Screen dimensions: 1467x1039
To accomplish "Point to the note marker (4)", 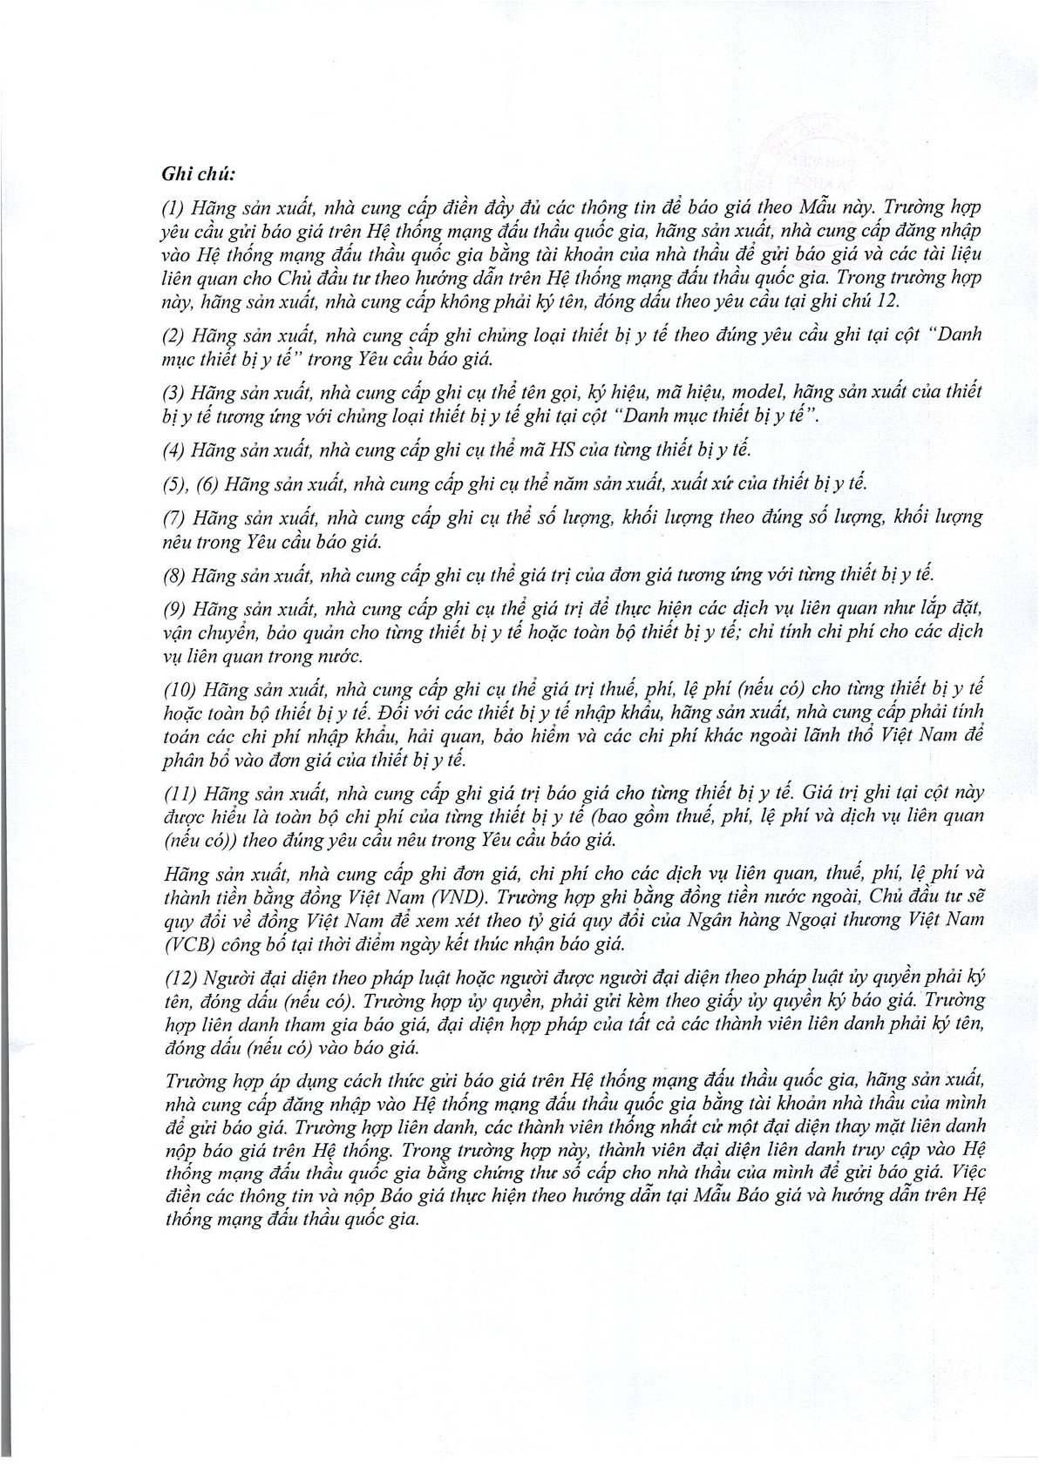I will click(174, 450).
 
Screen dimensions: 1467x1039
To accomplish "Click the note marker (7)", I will click(174, 517).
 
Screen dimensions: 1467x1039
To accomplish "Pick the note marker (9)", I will click(174, 607).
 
